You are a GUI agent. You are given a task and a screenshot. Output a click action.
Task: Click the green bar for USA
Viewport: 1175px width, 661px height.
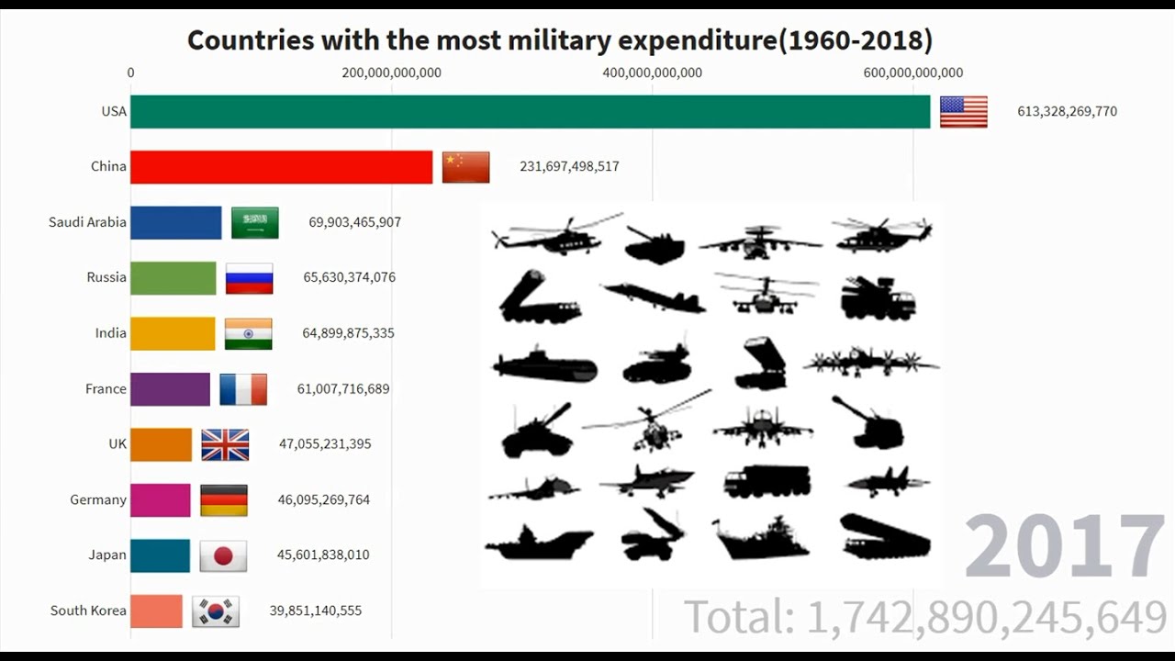click(530, 111)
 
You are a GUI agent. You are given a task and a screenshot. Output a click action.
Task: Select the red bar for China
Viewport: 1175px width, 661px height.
click(281, 167)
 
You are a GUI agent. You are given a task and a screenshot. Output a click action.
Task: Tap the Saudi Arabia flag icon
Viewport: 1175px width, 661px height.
click(254, 222)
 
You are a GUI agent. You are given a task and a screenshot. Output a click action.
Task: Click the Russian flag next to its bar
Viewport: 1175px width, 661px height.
click(249, 278)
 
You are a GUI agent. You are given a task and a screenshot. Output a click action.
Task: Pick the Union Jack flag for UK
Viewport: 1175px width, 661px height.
click(225, 444)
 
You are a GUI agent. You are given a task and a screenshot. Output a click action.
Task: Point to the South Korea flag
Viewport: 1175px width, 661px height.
click(216, 611)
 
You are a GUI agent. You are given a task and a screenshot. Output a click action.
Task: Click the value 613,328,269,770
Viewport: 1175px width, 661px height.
click(1067, 111)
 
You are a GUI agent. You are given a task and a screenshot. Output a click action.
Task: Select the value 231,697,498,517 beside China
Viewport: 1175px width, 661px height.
click(569, 166)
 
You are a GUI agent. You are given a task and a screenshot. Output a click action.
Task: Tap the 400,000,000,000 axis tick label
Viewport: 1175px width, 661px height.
click(652, 73)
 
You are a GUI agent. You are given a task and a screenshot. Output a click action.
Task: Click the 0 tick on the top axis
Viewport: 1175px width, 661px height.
click(130, 73)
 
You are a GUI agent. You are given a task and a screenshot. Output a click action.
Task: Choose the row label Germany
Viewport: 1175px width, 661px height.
click(98, 499)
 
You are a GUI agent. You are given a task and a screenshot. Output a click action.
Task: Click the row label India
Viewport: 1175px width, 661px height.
click(110, 333)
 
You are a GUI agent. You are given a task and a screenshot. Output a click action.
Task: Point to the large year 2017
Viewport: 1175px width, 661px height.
click(1064, 547)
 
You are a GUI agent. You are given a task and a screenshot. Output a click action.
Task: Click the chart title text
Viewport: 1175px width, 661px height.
click(560, 39)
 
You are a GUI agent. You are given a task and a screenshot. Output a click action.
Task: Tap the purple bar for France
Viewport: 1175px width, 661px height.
click(170, 389)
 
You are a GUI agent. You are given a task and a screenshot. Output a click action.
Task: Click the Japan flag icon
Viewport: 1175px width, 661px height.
click(223, 555)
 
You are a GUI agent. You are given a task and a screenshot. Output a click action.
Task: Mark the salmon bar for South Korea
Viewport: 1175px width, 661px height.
click(156, 611)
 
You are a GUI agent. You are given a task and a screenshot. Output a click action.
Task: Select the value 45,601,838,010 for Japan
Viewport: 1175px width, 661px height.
click(323, 555)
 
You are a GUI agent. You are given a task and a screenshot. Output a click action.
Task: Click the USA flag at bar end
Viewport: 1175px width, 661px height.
click(963, 111)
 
